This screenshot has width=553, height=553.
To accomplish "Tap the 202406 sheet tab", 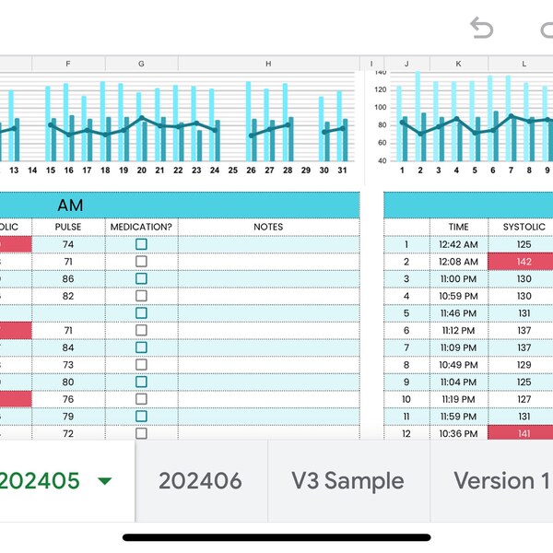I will [x=200, y=480].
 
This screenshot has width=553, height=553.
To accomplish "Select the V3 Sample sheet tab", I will [x=347, y=480].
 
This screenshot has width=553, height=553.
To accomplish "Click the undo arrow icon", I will [x=481, y=29].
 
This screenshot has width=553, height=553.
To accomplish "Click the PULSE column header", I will [x=68, y=227].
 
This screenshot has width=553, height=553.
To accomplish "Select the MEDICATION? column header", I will [x=141, y=227].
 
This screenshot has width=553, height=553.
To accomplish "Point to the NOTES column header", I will [x=268, y=227].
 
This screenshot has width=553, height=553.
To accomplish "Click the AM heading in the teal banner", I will [x=70, y=206].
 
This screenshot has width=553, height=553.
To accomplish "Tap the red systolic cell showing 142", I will [x=524, y=262].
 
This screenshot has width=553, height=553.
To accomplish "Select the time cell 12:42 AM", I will [x=458, y=244].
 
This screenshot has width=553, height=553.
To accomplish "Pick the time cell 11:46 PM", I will [x=458, y=313].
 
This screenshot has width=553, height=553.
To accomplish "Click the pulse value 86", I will [x=68, y=278].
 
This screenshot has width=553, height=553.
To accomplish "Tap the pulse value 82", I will [x=68, y=296].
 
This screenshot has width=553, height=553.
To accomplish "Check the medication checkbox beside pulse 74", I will [x=141, y=244].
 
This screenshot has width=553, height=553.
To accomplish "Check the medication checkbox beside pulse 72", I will [x=141, y=433].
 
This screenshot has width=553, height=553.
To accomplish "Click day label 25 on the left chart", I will [x=232, y=171].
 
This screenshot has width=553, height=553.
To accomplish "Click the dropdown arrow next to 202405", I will [x=105, y=481].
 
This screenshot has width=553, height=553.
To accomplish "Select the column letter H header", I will [x=268, y=64].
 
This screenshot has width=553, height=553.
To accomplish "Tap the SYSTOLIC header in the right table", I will [x=524, y=227].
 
